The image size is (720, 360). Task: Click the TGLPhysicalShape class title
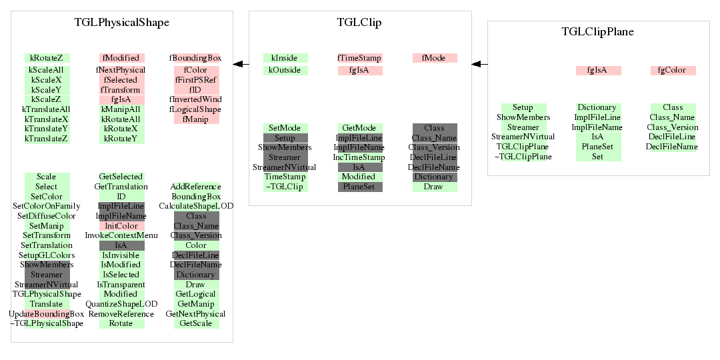tap(122, 22)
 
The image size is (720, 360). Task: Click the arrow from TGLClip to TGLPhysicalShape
tap(241, 64)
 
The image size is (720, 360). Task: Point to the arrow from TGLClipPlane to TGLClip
tap(479, 64)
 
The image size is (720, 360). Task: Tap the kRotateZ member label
tap(47, 58)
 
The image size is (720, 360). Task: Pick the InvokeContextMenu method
tap(121, 235)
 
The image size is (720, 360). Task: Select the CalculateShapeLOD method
tap(196, 206)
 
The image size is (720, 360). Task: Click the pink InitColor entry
tap(121, 226)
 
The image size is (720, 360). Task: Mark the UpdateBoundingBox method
tap(47, 314)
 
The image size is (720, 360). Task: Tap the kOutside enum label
tap(285, 70)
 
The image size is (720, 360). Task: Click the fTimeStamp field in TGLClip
tap(359, 58)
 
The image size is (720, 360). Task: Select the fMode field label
tap(435, 58)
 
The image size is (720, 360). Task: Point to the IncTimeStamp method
tap(359, 157)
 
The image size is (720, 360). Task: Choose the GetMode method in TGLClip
tap(359, 127)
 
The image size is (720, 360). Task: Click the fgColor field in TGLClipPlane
tap(673, 70)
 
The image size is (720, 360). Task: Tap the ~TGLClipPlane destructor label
tap(523, 157)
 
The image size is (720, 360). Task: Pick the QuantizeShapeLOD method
tap(121, 304)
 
